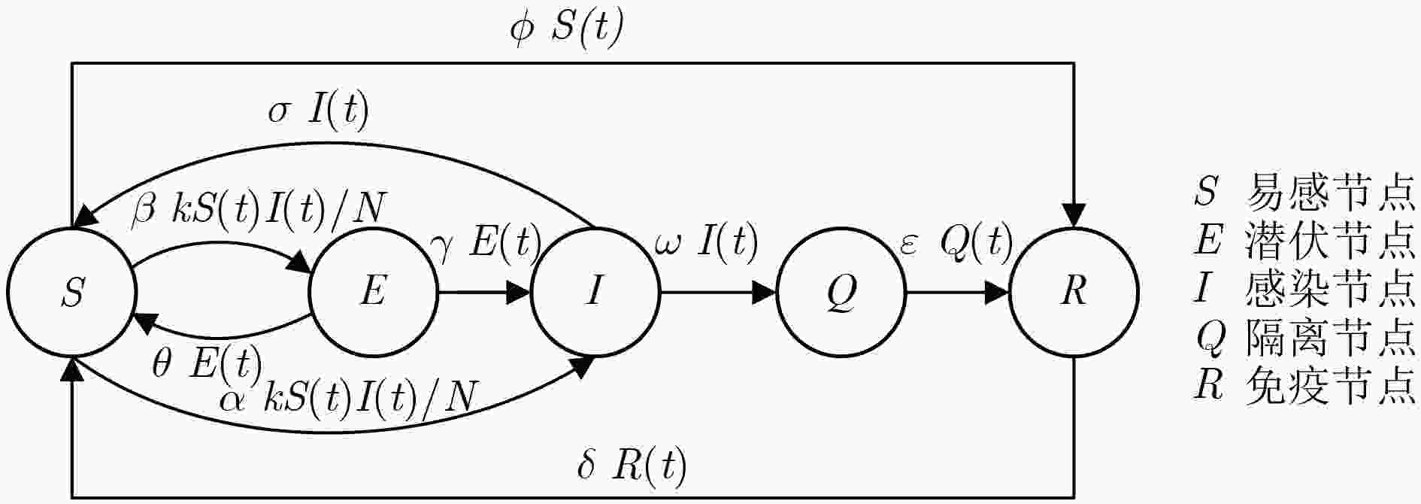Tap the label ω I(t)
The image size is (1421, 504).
[x=706, y=241]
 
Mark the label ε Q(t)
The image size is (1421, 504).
[x=956, y=242]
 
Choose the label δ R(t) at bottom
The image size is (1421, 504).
[x=632, y=466]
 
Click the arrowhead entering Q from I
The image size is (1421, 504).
[x=765, y=292]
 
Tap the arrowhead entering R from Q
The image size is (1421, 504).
[x=997, y=292]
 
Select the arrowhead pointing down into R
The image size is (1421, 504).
[x=1074, y=215]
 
